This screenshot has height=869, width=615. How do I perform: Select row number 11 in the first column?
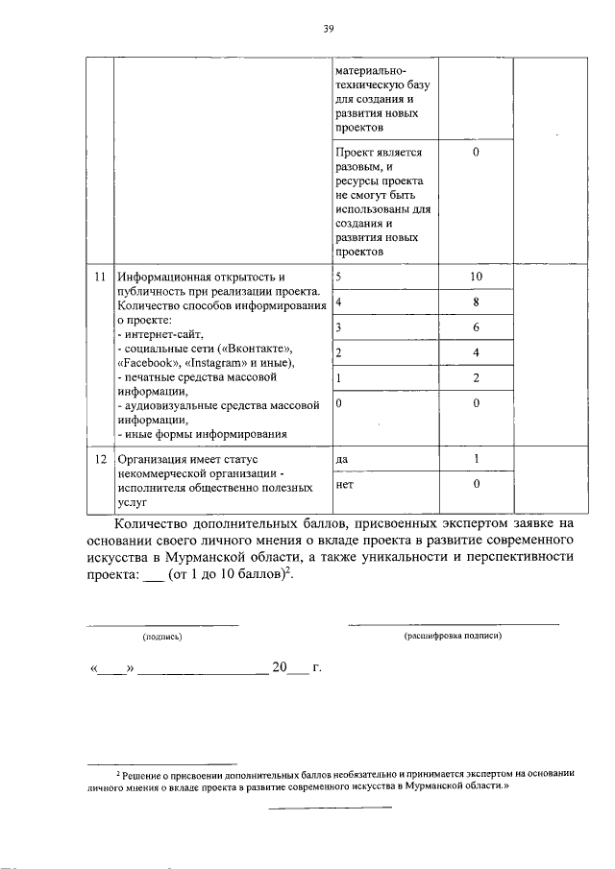[99, 278]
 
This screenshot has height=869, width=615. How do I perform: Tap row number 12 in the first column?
[99, 460]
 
